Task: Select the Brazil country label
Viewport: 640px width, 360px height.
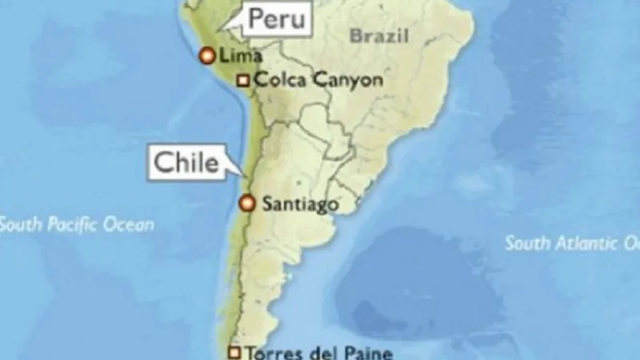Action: point(379,34)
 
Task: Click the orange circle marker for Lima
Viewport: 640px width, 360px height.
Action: point(206,55)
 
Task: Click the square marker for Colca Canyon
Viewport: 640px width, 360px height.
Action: point(243,80)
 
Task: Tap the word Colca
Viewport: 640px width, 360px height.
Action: point(277,80)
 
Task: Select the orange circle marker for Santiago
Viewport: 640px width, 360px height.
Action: point(247,203)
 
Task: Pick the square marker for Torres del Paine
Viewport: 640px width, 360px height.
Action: point(234,352)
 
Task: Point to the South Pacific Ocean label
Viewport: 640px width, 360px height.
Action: point(77,225)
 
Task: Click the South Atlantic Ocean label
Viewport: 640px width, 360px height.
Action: point(571,243)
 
